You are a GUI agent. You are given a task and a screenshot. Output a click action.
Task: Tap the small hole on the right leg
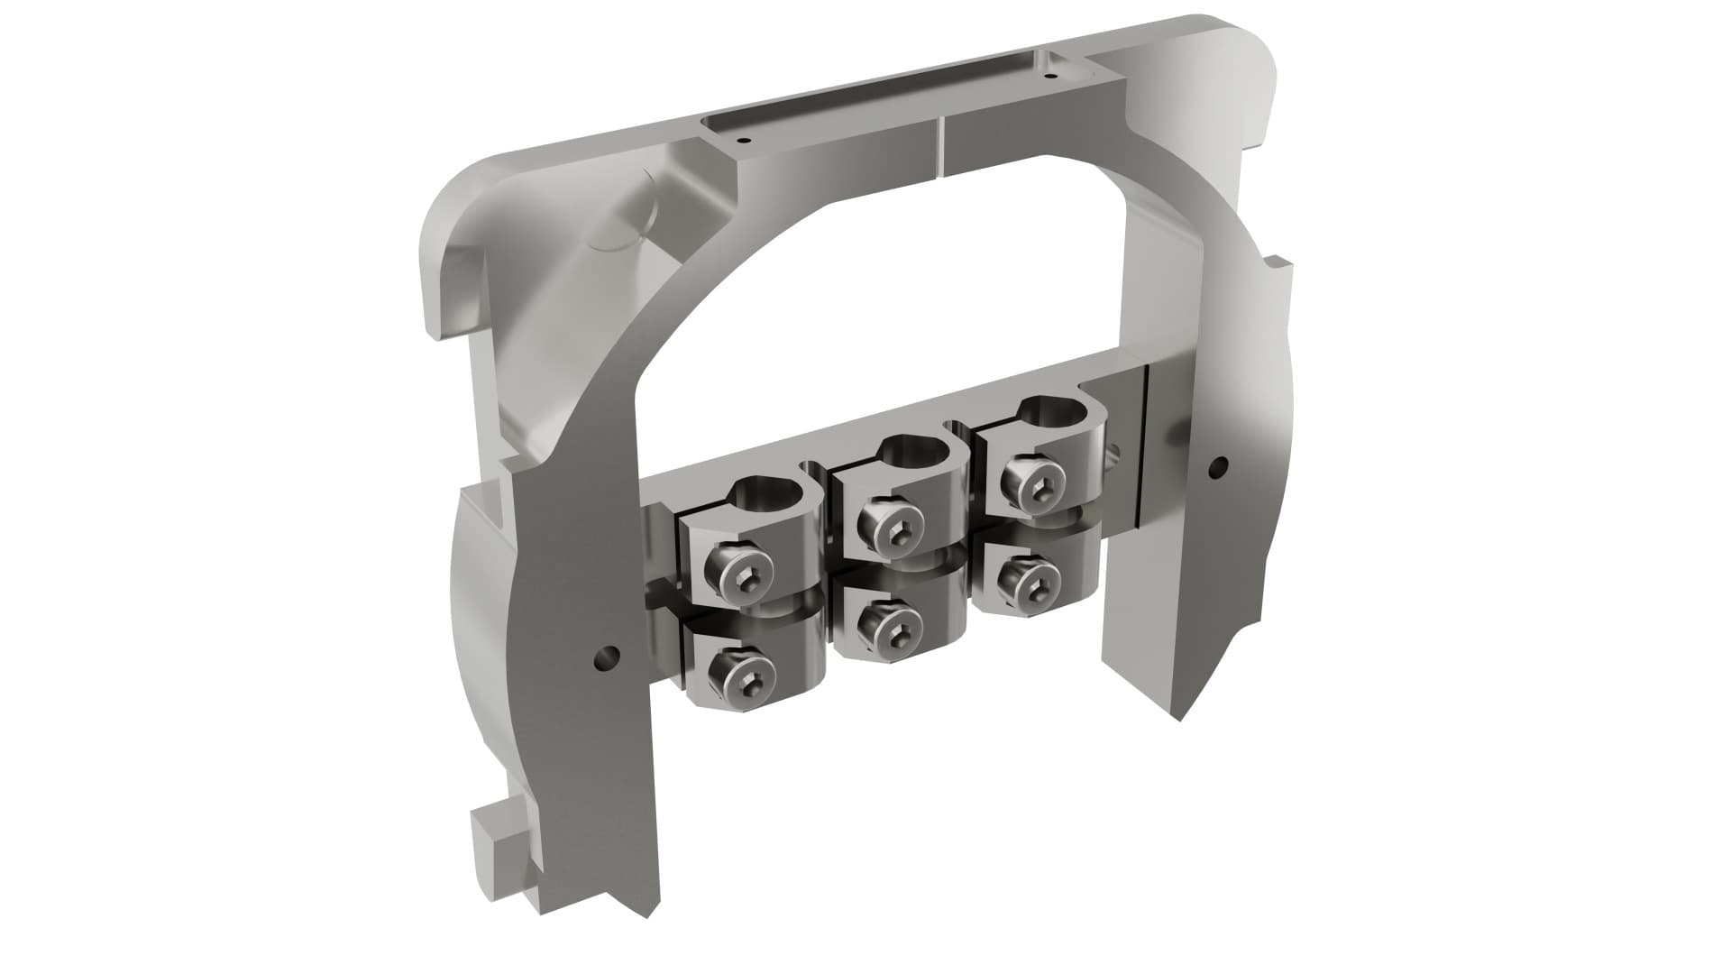point(1218,467)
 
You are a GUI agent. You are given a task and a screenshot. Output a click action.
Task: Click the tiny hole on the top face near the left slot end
point(742,141)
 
